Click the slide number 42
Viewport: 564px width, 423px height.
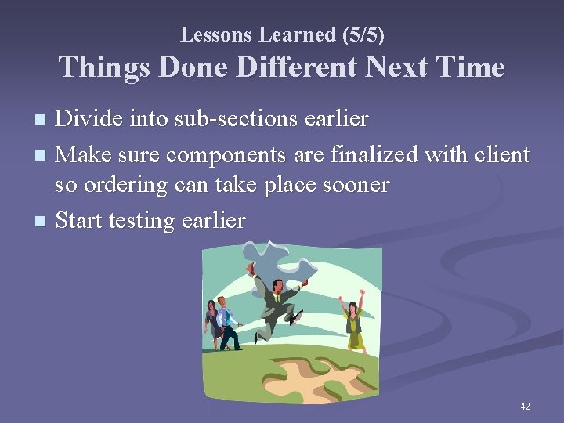525,406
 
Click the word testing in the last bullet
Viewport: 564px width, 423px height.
144,221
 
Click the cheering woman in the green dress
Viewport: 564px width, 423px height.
354,321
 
